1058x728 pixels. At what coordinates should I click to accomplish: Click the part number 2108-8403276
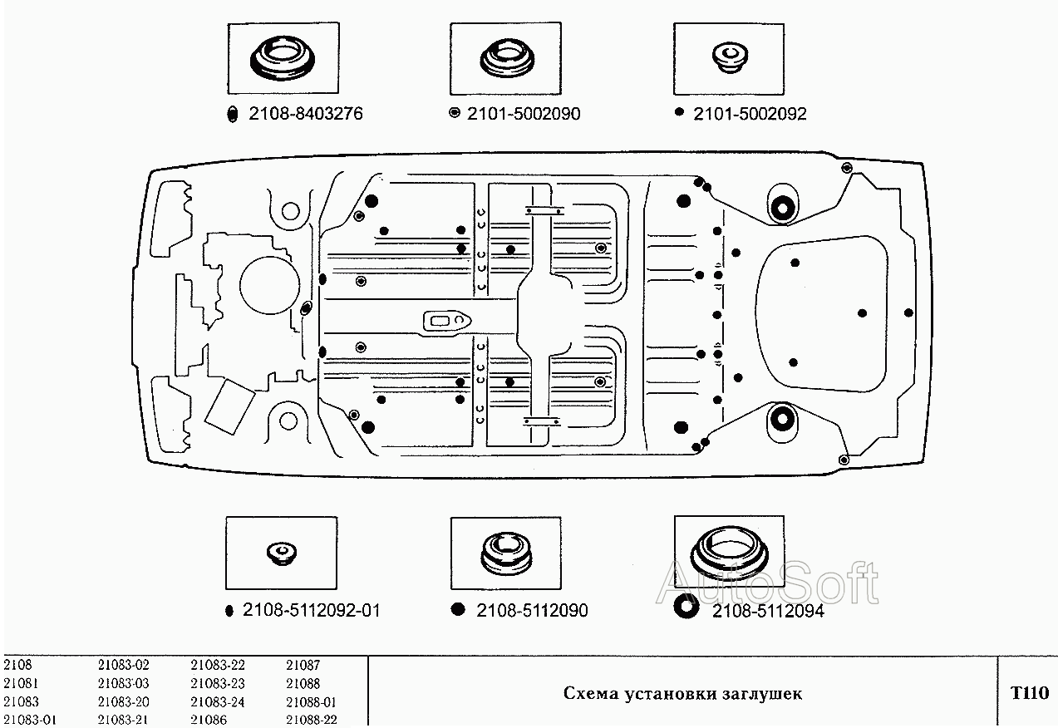click(305, 115)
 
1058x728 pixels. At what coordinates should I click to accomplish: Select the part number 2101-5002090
click(524, 115)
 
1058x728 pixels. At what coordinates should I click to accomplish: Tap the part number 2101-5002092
click(750, 115)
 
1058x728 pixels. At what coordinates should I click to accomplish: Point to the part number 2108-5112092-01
click(312, 611)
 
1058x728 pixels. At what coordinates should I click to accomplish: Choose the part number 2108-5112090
click(532, 611)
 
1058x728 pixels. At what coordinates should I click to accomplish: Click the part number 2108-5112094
click(768, 612)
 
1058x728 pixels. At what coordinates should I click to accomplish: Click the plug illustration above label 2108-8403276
click(283, 59)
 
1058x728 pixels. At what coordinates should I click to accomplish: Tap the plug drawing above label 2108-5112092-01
click(281, 553)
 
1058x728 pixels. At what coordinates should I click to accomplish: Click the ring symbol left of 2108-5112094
click(686, 608)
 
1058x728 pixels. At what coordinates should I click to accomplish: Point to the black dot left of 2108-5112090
click(457, 610)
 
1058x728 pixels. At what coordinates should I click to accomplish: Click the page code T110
click(1029, 692)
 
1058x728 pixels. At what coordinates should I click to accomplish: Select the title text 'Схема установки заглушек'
click(682, 693)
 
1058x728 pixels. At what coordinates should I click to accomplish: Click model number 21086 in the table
click(209, 720)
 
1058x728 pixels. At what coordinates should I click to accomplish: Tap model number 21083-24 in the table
click(218, 701)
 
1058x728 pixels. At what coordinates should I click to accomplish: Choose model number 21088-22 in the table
click(312, 720)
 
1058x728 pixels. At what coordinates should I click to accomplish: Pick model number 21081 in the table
click(19, 683)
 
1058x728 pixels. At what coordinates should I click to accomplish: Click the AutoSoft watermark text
click(767, 584)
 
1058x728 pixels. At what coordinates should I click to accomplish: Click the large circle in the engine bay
click(268, 285)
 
